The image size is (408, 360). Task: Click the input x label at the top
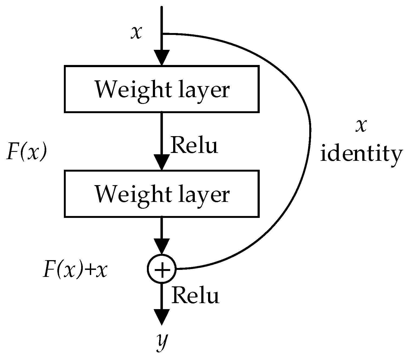(x=136, y=33)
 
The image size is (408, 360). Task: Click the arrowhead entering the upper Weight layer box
(x=162, y=57)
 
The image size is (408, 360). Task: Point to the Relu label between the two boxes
(x=194, y=145)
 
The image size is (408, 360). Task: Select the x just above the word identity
(x=361, y=126)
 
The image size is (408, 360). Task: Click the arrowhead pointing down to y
(x=162, y=317)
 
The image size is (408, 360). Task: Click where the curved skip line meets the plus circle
(x=176, y=269)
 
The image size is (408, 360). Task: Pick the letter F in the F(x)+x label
(x=49, y=270)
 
